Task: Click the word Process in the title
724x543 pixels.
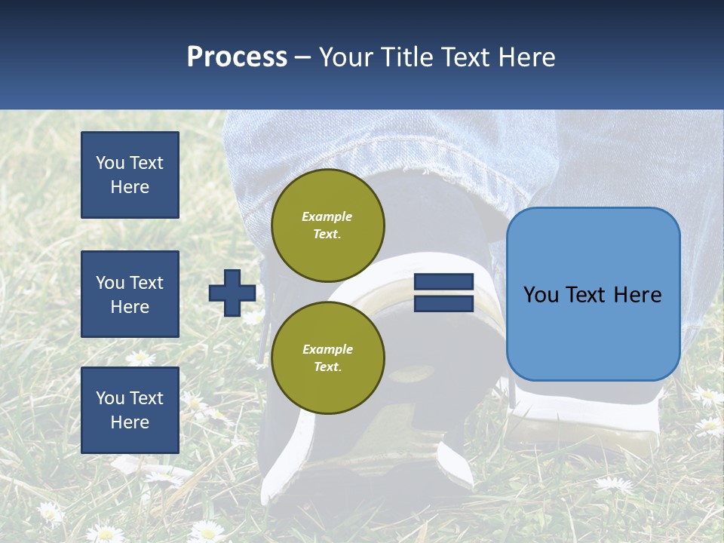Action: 237,57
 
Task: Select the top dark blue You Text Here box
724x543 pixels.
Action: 130,175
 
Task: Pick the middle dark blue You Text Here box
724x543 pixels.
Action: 130,294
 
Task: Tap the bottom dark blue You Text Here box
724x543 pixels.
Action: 130,410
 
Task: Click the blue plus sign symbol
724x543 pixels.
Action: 232,293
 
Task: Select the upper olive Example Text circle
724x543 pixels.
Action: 327,225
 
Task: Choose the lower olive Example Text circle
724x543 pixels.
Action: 327,357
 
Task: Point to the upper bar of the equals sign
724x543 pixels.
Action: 443,282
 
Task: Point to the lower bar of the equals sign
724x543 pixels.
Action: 443,303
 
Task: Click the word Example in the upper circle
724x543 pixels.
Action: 327,216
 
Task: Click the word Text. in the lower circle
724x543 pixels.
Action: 327,367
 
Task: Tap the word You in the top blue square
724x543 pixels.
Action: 110,163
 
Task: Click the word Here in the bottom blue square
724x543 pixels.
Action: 130,422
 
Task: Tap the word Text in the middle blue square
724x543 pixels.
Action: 146,283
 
